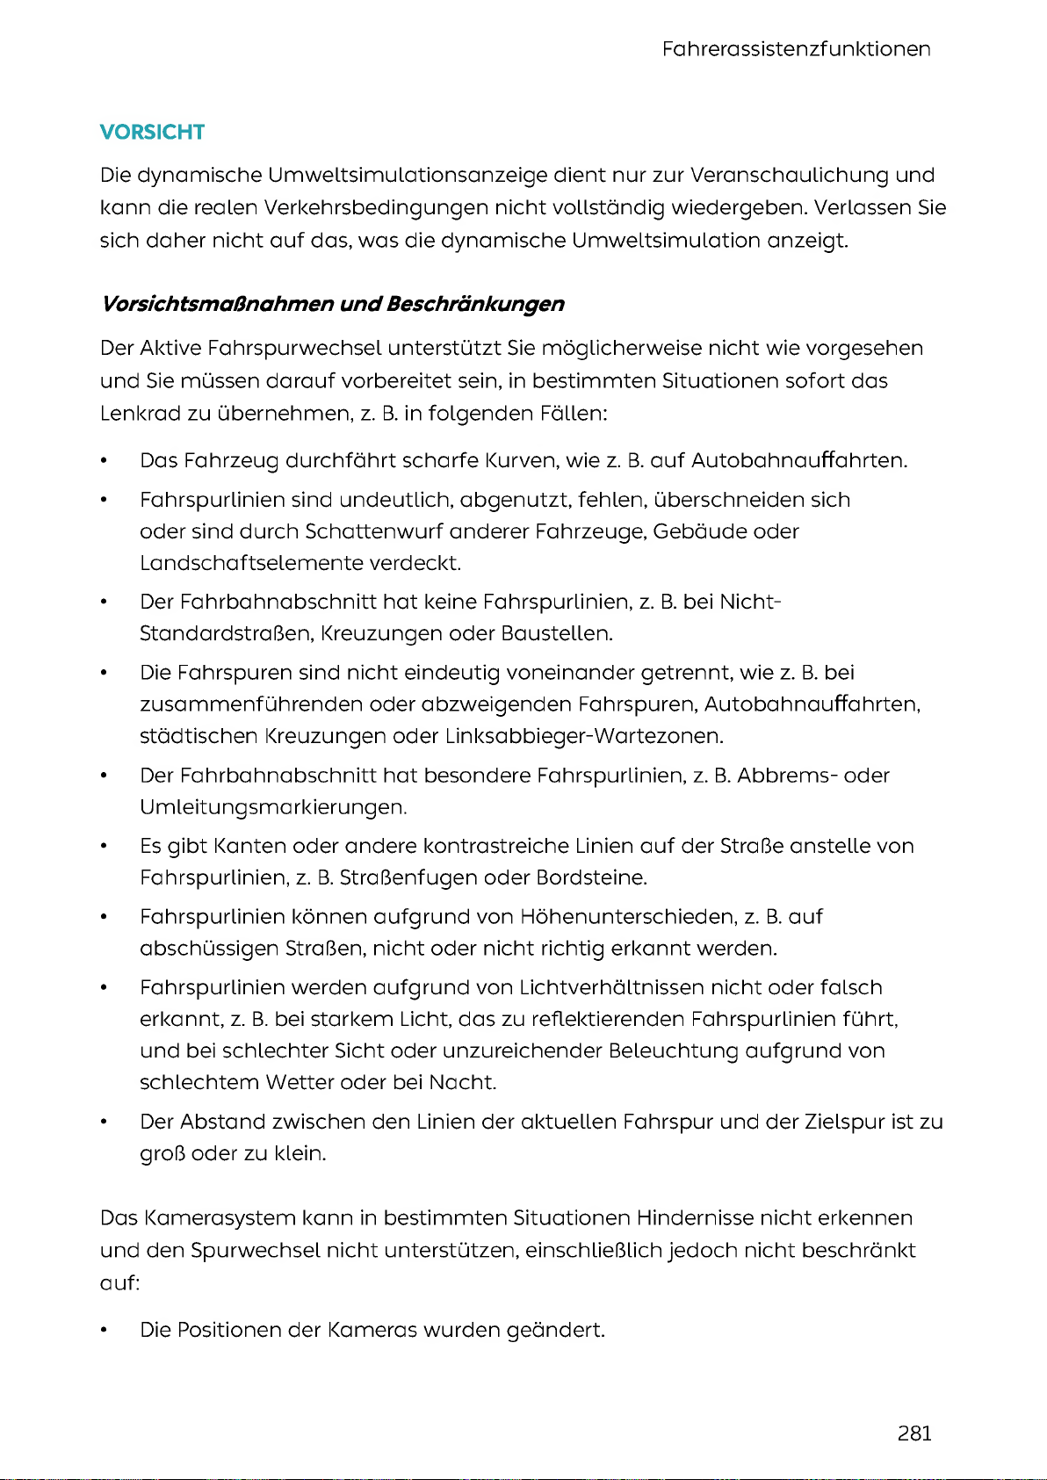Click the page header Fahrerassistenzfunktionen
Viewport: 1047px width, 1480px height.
[x=796, y=49]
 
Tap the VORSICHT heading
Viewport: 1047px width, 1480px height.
[x=152, y=133]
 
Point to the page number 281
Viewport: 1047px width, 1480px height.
[x=914, y=1433]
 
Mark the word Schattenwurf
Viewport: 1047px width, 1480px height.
[x=374, y=532]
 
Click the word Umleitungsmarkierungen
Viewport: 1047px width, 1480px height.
[x=272, y=807]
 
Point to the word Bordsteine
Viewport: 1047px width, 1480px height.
[x=591, y=878]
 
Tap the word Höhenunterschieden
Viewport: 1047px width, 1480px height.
[x=628, y=918]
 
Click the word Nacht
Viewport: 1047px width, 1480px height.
[x=462, y=1083]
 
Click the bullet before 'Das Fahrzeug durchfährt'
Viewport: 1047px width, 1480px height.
[x=105, y=461]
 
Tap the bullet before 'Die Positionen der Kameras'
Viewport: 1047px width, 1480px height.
[x=105, y=1331]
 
